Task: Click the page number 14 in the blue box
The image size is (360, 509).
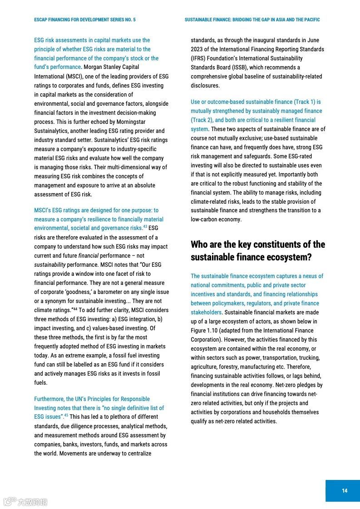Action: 345,490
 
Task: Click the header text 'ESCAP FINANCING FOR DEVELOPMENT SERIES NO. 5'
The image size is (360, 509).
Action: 85,20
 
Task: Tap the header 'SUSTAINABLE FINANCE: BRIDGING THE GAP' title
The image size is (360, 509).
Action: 252,20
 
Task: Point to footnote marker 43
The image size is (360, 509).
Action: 145,227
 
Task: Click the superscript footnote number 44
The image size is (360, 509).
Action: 75,309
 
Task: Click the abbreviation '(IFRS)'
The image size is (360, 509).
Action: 199,59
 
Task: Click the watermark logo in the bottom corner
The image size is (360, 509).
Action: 25,502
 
